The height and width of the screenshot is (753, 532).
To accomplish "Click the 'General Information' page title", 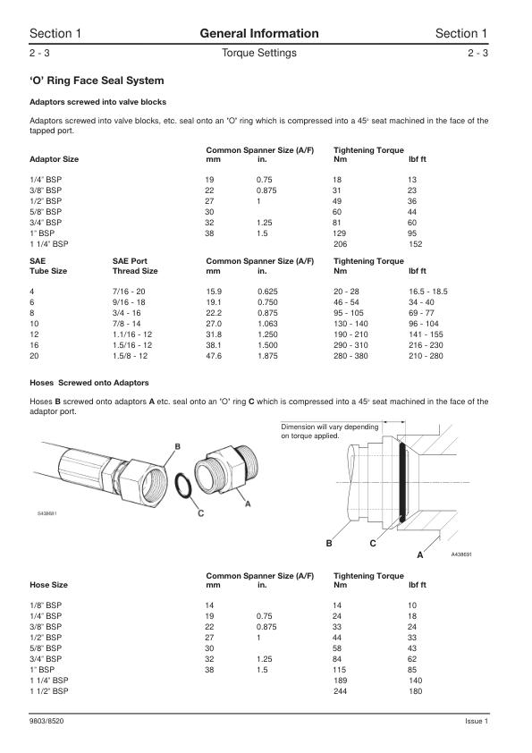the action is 258,34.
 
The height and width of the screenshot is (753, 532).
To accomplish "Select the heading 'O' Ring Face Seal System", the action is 97,80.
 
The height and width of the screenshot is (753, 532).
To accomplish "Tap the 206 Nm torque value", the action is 340,244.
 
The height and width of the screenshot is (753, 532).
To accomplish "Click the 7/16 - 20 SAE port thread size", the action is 129,292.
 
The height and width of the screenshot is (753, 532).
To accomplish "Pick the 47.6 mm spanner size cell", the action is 214,356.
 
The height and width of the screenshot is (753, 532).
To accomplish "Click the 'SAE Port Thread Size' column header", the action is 135,266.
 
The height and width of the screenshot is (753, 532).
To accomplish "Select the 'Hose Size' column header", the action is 48,585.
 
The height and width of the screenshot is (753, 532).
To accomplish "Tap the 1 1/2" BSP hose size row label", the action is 49,691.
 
